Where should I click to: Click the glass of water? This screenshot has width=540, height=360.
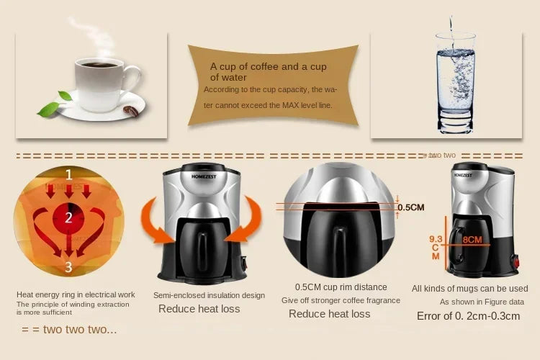pos(454,79)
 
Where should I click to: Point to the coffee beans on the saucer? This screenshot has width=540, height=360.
pos(131,111)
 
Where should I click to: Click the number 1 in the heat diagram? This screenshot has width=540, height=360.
pos(69,174)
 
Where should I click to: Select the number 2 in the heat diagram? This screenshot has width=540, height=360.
pos(69,217)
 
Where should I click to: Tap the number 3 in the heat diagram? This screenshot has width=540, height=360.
pos(69,267)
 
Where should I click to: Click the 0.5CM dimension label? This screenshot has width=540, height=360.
pos(411,207)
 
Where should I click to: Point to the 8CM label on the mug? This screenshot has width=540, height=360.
pos(472,240)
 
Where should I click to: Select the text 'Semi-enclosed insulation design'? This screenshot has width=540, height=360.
pos(209,295)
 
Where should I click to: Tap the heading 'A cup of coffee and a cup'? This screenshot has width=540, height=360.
pos(269,67)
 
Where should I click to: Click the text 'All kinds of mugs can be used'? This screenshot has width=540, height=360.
pos(469,289)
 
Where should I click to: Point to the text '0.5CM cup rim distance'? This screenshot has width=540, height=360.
pos(341,287)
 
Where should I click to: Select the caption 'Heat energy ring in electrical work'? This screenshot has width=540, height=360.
pos(76,294)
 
